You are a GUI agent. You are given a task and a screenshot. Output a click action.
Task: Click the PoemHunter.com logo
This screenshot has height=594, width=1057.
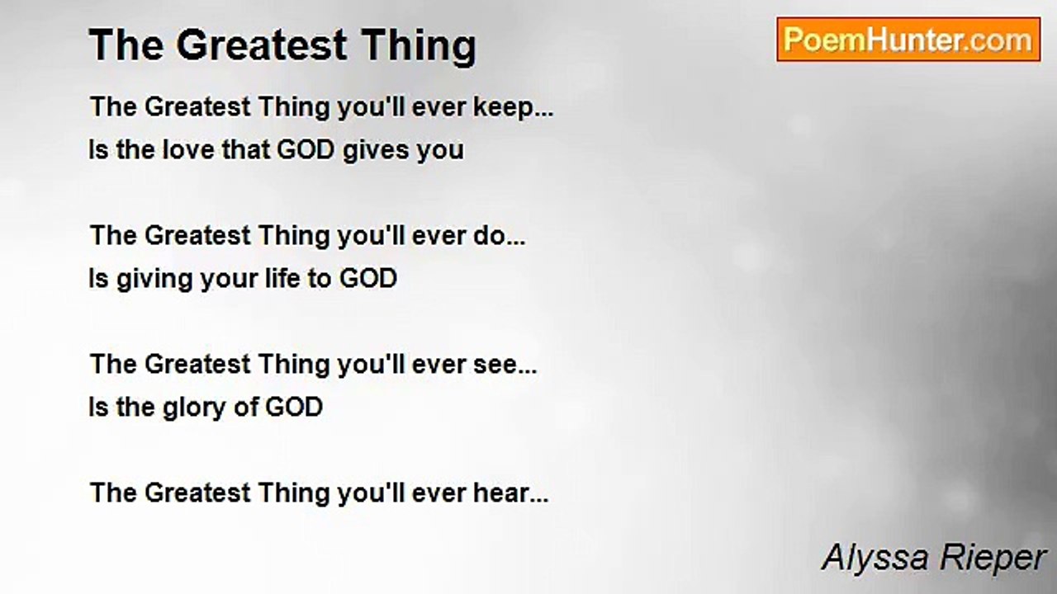point(908,40)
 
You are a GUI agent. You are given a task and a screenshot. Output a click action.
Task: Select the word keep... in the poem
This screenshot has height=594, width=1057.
point(513,108)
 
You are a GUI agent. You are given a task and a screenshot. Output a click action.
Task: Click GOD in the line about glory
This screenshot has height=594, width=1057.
point(293,408)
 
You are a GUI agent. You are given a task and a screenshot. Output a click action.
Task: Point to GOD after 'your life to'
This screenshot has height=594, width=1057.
point(367,279)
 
